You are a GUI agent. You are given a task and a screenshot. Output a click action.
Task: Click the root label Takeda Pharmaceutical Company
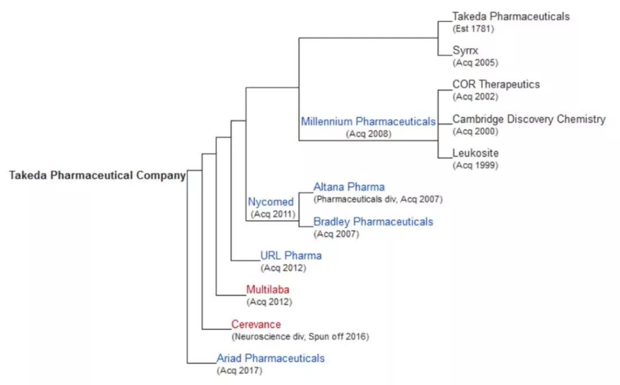pyautogui.click(x=97, y=176)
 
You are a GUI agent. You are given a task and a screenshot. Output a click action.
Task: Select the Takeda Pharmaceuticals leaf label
pyautogui.click(x=511, y=16)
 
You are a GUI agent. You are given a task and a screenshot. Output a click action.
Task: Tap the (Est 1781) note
pyautogui.click(x=473, y=28)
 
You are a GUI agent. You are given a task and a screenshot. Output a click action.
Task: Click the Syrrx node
pyautogui.click(x=465, y=50)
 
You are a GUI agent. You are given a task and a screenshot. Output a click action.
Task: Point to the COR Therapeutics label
pyautogui.click(x=496, y=84)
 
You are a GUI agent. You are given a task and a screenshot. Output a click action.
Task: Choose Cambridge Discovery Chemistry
pyautogui.click(x=529, y=119)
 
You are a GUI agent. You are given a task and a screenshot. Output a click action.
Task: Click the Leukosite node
pyautogui.click(x=475, y=153)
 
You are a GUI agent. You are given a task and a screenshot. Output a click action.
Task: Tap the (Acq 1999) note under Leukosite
pyautogui.click(x=475, y=165)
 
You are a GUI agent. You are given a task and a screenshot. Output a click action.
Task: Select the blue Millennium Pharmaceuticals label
pyautogui.click(x=368, y=122)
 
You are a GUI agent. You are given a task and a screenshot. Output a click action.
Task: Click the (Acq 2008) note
pyautogui.click(x=369, y=134)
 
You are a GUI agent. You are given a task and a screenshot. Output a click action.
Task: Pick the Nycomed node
pyautogui.click(x=271, y=202)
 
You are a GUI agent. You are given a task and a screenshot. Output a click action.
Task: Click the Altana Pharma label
pyautogui.click(x=349, y=187)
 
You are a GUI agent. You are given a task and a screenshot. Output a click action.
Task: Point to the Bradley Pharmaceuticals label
pyautogui.click(x=373, y=221)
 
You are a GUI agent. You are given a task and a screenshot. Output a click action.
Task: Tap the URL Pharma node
pyautogui.click(x=291, y=255)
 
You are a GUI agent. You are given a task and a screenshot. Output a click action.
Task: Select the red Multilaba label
pyautogui.click(x=268, y=289)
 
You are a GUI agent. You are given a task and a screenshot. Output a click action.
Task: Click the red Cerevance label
pyautogui.click(x=256, y=324)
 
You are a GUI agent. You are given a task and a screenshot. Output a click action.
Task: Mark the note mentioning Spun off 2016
pyautogui.click(x=300, y=336)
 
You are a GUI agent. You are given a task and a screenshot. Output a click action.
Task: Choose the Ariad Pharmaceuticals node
pyautogui.click(x=270, y=358)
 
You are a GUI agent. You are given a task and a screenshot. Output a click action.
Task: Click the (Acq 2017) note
pyautogui.click(x=239, y=370)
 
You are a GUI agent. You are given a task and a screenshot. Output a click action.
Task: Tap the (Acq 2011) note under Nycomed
pyautogui.click(x=273, y=214)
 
